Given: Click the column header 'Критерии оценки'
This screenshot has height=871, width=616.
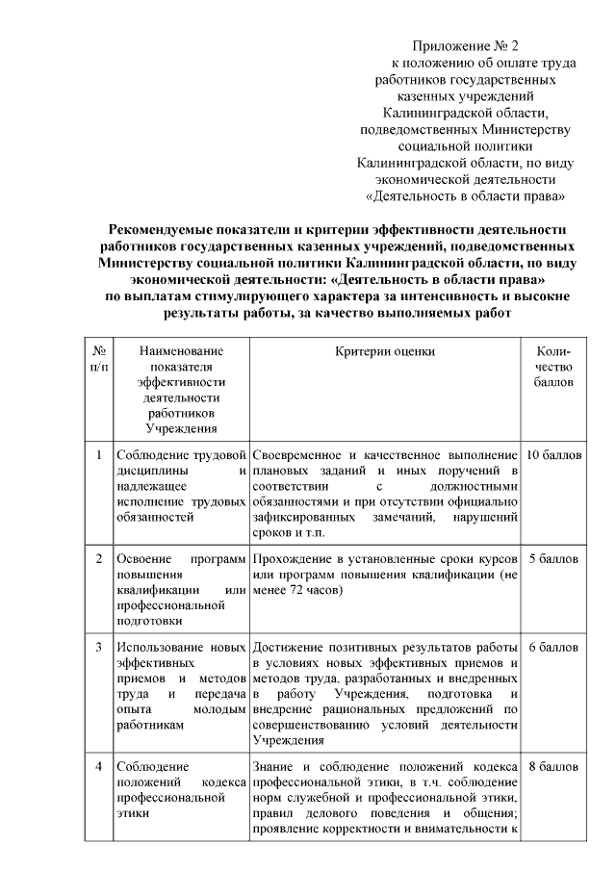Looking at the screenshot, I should coord(385,352).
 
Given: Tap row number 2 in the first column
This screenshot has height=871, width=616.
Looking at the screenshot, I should coord(99,558).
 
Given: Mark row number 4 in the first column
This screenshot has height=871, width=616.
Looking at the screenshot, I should coord(99,767).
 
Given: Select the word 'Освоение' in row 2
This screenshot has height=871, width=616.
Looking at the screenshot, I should coord(141,558).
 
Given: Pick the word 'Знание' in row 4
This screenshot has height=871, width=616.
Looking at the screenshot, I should coord(273,767).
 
